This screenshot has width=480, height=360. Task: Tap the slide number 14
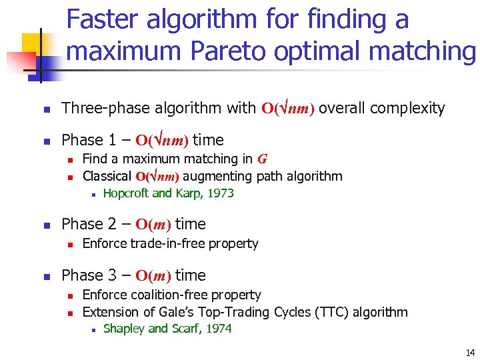coord(470,353)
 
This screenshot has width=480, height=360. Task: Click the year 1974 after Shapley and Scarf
coord(217,329)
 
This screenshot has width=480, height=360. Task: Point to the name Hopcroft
coord(126,194)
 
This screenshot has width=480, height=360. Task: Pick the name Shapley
coord(124,329)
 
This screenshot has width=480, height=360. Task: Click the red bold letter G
coord(262,159)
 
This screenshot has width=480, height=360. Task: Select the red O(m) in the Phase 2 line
coord(153,225)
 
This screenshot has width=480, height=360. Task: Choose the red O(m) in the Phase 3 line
coord(153,276)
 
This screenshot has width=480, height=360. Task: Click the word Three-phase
coord(101,108)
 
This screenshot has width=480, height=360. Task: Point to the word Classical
coord(107,177)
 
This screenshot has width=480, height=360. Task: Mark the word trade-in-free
coord(167,244)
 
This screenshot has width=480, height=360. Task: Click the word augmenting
coord(215,177)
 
